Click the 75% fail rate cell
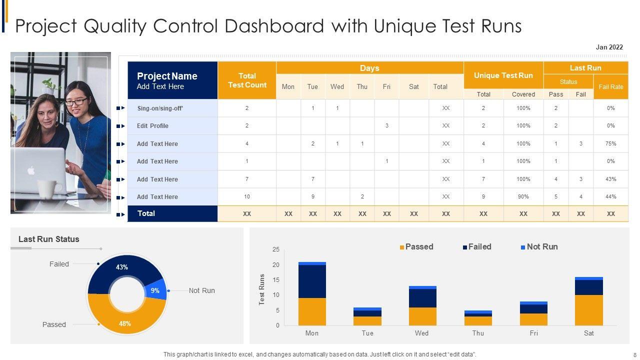coord(610,143)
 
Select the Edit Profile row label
coord(152,126)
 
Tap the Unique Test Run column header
coord(503,75)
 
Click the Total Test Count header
coord(247,80)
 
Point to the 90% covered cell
coord(523,197)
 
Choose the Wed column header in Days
coord(337,87)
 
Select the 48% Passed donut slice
coord(125,322)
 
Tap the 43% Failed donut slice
coord(122,268)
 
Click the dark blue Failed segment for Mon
coord(312,281)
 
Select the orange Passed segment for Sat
coord(589,310)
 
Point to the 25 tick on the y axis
coord(276,249)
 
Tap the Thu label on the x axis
coord(478,333)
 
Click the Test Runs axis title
coord(262,289)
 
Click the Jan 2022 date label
coord(609,47)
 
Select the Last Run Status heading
coord(48,239)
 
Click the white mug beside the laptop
coord(49,187)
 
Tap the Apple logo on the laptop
coord(31,170)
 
